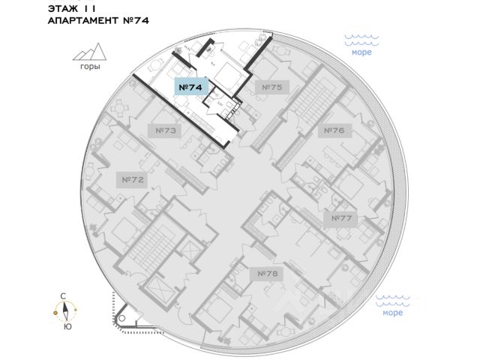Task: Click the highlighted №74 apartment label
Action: [x=190, y=87]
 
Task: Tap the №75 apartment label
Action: [x=271, y=88]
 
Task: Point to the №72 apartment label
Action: [x=132, y=180]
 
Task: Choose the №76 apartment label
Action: [x=334, y=130]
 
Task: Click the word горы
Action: [x=89, y=67]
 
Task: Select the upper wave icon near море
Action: [x=361, y=37]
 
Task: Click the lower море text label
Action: [x=391, y=313]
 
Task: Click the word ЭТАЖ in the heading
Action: [x=64, y=7]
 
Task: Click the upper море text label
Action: [x=361, y=52]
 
